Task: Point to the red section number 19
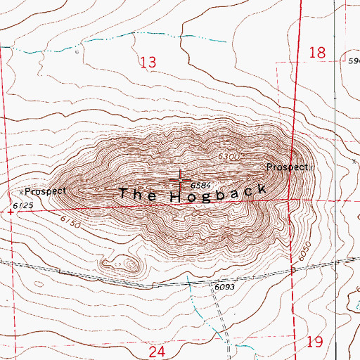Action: click(314, 342)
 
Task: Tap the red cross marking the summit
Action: click(180, 179)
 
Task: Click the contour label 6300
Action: click(229, 156)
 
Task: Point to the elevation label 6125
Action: click(22, 205)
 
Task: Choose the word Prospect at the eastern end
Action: click(286, 167)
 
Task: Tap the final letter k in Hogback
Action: click(261, 188)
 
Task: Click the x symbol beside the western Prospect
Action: click(22, 191)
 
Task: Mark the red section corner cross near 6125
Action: click(10, 210)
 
